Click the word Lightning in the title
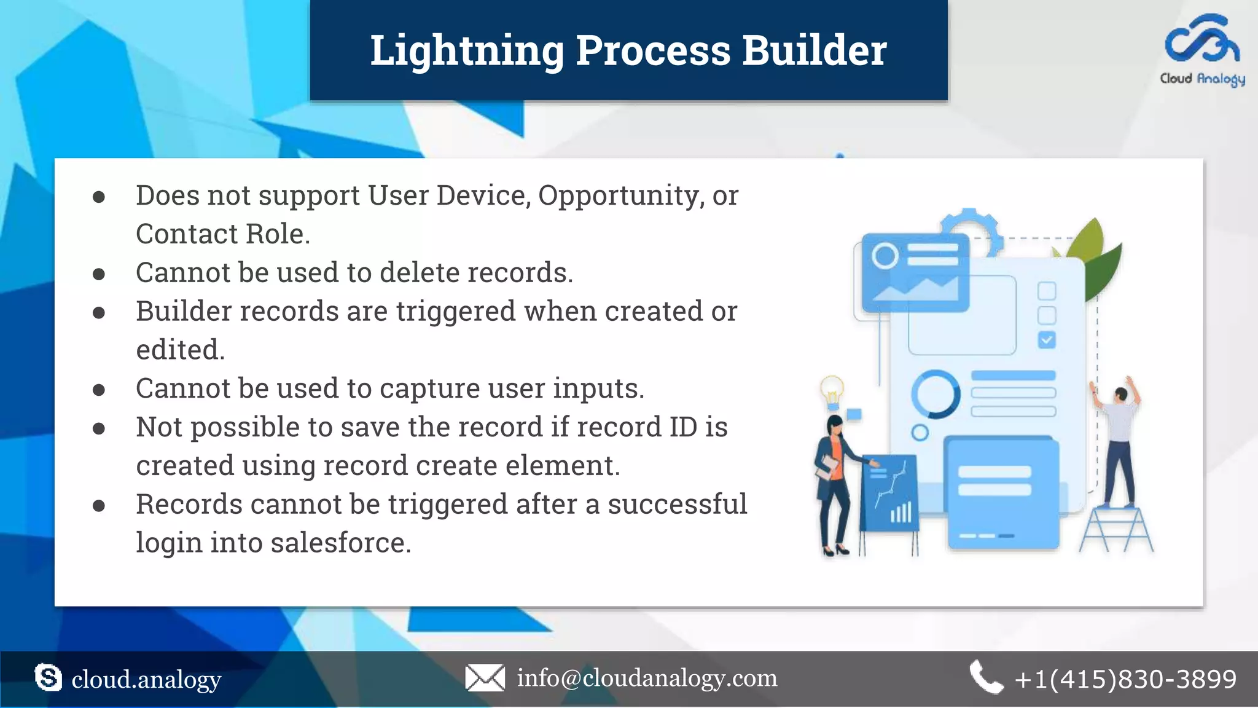(x=467, y=50)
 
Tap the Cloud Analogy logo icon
(x=1202, y=40)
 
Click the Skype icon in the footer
(x=49, y=678)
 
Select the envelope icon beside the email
(x=485, y=678)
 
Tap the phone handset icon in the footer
(x=985, y=677)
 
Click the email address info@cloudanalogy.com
(x=647, y=678)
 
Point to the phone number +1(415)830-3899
(x=1125, y=679)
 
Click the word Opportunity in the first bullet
(x=620, y=195)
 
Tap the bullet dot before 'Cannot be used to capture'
(x=99, y=390)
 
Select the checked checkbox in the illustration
(x=1047, y=340)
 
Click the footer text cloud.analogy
(x=146, y=679)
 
